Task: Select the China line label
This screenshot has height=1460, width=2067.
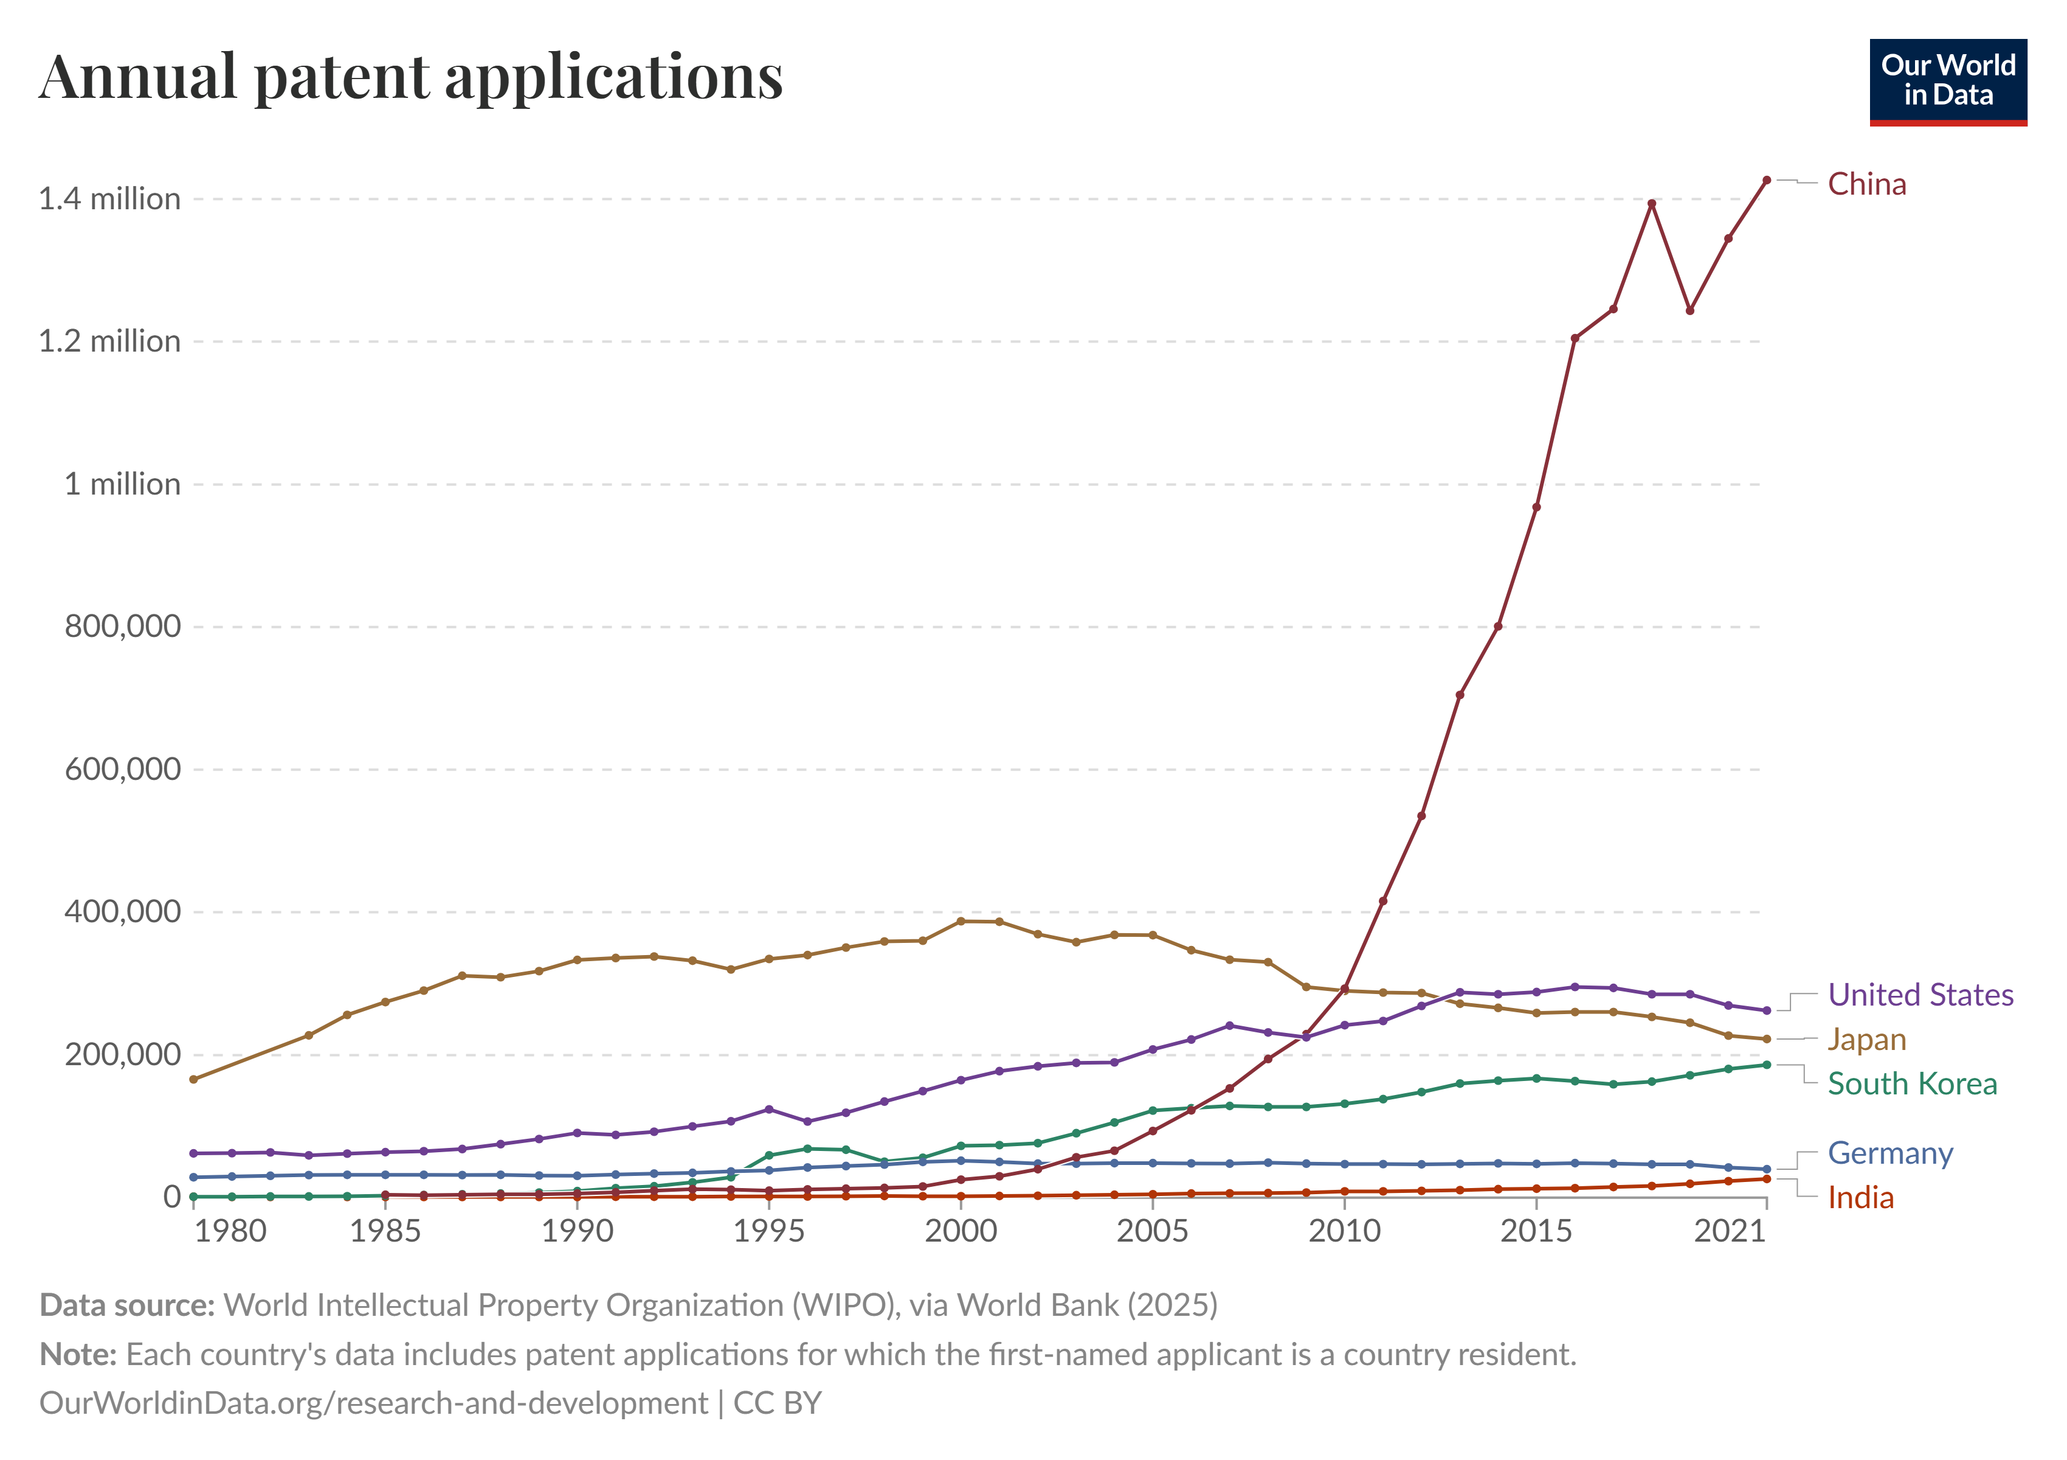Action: click(1866, 185)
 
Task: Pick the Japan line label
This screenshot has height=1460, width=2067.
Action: click(1866, 1040)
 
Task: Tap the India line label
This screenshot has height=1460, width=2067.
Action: click(1860, 1198)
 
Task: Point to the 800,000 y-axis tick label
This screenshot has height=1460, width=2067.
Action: click(122, 627)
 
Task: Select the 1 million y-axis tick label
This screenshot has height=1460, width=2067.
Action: click(122, 485)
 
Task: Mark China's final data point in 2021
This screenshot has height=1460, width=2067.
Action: click(1766, 180)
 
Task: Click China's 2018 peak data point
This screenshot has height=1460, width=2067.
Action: click(1651, 204)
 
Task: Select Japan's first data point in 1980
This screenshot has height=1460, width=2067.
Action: click(193, 1079)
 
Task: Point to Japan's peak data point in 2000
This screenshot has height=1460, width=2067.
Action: click(961, 922)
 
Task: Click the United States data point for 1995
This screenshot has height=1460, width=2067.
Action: click(769, 1110)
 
